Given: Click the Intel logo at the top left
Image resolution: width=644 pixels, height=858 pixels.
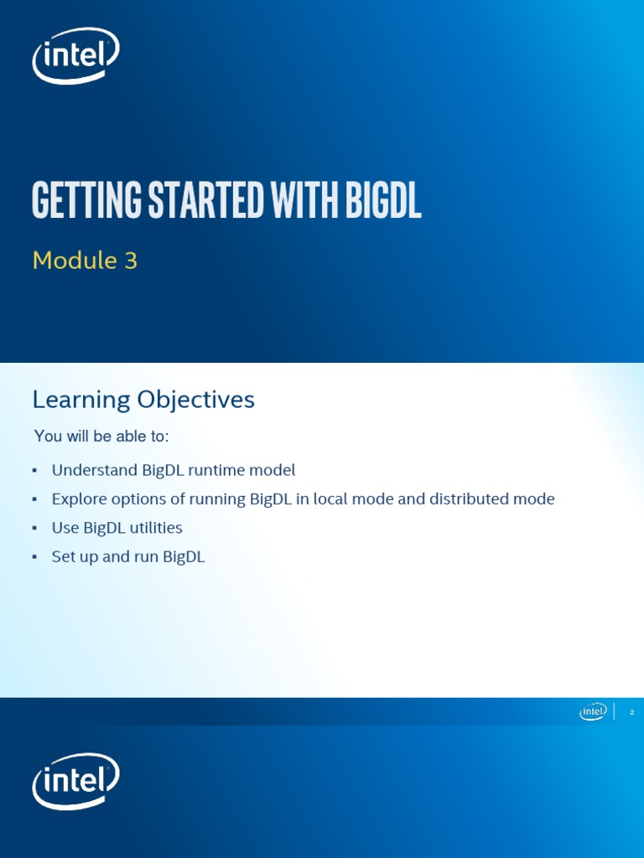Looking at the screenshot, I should tap(75, 55).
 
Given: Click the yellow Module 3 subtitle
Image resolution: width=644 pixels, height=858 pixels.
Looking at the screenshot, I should tap(85, 261).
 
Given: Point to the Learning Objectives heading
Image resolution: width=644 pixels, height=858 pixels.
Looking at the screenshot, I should tap(143, 400).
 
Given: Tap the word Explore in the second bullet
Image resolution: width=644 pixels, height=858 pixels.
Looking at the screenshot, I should tap(78, 499).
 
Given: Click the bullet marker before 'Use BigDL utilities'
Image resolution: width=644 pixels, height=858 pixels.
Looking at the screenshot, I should tap(34, 529).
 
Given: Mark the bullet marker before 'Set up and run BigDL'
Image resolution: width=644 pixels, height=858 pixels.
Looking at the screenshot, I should tap(34, 557).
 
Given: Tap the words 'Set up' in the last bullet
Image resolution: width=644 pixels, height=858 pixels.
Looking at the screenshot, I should tap(75, 557).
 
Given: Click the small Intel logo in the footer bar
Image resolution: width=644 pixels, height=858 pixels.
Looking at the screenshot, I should tap(593, 711).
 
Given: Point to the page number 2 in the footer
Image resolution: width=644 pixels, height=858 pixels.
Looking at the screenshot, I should tap(631, 712).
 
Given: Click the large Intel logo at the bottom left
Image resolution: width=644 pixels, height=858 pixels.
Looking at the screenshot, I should tap(75, 781).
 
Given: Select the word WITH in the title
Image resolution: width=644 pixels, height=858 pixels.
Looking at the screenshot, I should tap(297, 201).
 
